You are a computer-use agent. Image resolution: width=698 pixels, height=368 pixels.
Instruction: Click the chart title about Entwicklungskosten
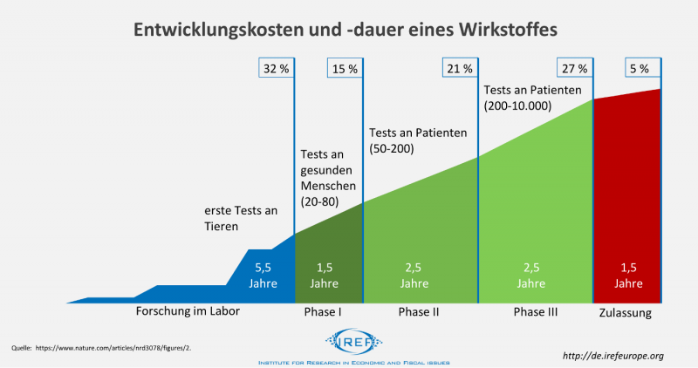pos(344,29)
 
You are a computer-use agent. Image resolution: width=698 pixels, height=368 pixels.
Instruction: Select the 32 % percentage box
pos(277,68)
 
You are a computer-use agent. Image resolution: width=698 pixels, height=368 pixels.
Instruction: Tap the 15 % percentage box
pos(345,68)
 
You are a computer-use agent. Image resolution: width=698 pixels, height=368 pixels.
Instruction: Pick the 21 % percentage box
pos(460,68)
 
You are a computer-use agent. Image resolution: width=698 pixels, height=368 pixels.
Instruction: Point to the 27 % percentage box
pos(574,68)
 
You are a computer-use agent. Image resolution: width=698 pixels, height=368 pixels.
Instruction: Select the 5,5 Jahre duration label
pos(263,276)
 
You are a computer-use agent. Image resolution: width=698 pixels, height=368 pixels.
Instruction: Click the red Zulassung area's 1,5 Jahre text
pos(626,276)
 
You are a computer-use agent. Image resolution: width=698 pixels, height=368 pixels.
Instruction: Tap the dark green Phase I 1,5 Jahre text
pos(328,276)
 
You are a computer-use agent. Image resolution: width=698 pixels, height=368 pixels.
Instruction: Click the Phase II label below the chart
pos(420,312)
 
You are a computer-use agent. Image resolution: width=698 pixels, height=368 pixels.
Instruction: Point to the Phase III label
pos(535,312)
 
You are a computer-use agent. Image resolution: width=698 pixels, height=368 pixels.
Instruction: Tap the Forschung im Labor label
pos(188,311)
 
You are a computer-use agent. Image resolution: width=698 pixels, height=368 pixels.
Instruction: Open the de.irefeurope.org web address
pos(614,355)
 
